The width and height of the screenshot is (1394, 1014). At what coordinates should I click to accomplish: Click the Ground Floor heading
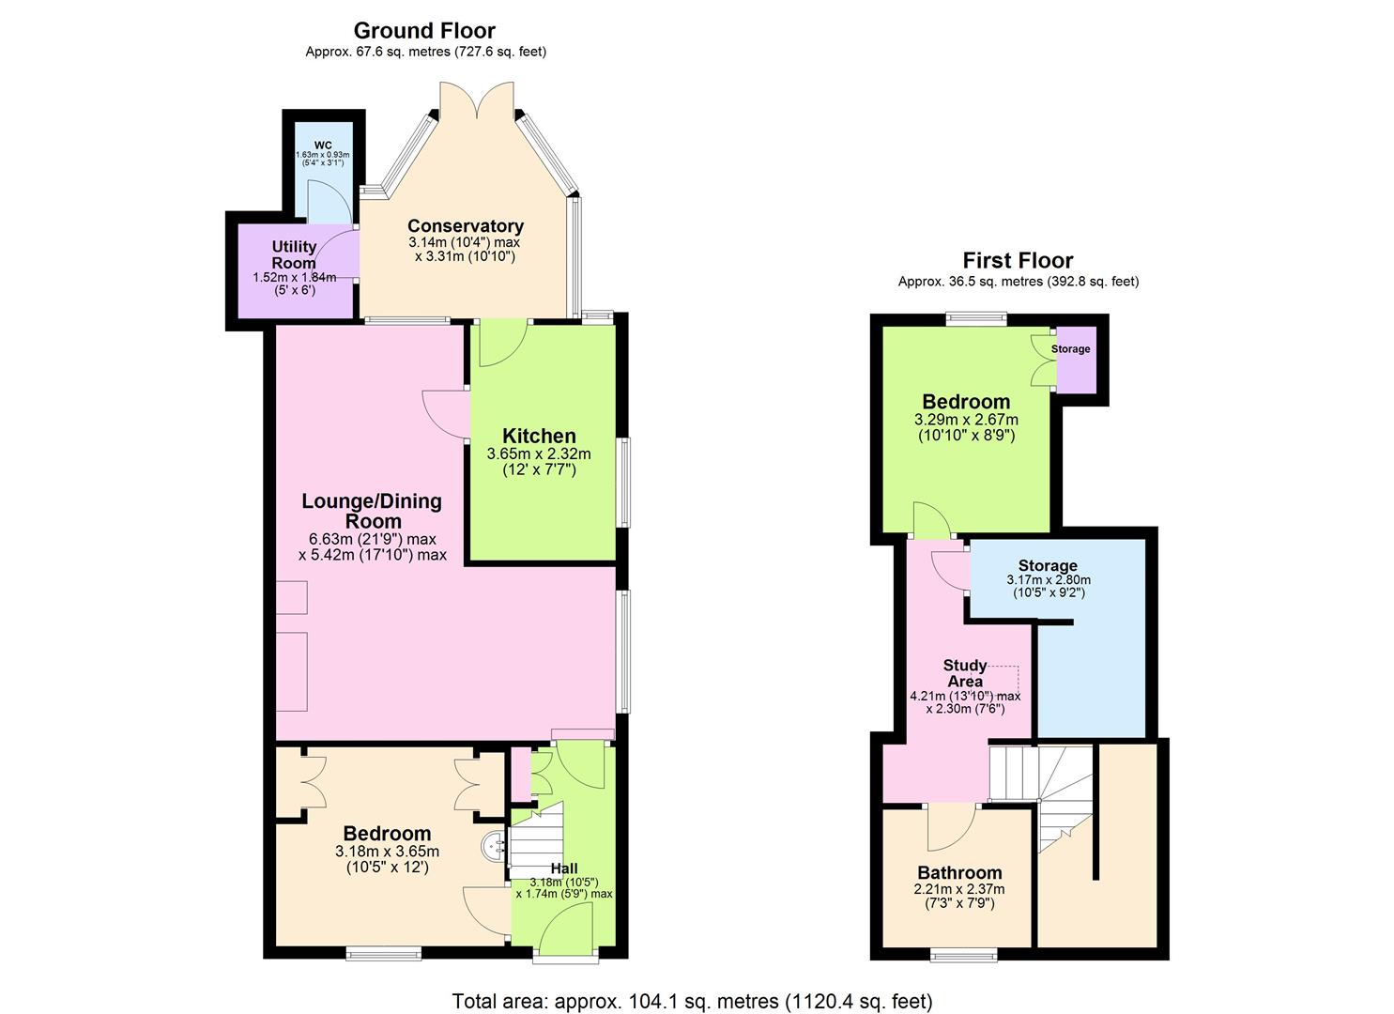pos(425,30)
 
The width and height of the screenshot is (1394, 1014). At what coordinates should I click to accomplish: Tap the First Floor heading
pos(1018,260)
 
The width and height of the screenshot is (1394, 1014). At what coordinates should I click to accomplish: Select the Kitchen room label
pos(539,436)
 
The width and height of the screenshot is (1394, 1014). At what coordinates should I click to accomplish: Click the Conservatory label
pos(465,226)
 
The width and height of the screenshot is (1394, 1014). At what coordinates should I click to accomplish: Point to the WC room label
pos(323,145)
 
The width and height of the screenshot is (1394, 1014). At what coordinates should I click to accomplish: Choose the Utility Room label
pos(294,254)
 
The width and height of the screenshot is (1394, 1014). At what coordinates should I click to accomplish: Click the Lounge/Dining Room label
pos(372,511)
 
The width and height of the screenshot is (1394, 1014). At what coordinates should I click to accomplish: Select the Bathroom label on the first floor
pos(959,872)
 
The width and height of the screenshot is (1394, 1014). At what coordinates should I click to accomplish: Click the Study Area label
pos(965,673)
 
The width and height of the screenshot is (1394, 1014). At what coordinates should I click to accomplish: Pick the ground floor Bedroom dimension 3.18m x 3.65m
pos(387,852)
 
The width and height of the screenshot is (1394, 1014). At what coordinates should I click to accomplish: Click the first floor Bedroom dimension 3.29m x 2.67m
pos(966,420)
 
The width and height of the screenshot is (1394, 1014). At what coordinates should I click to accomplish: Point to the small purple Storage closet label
pos(1071,349)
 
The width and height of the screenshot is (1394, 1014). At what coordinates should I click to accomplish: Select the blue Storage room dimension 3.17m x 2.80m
pos(1048,580)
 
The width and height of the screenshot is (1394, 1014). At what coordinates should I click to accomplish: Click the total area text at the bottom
pos(692,1000)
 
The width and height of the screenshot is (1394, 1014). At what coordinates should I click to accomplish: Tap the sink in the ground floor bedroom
pos(495,847)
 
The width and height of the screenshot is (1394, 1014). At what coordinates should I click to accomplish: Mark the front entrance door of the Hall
pos(566,929)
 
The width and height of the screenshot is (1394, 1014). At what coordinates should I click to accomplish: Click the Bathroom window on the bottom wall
pos(964,956)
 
